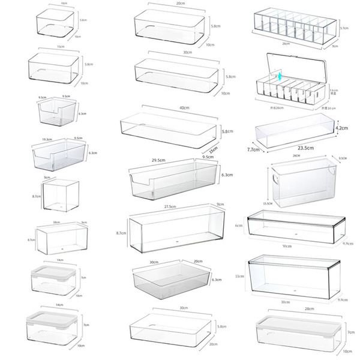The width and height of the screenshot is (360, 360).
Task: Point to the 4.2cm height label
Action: pos(341,128)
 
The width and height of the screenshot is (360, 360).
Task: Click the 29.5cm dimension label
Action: pos(159,161)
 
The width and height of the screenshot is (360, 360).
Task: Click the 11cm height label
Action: pos(239,277)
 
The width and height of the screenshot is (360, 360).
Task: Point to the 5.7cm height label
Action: pos(344,28)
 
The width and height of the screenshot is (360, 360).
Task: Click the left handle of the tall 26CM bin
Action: pos(275,179)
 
